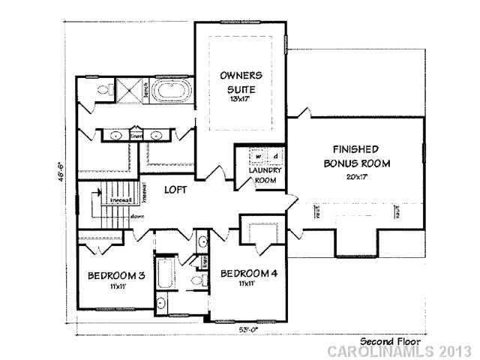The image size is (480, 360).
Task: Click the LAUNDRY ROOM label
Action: [263, 175]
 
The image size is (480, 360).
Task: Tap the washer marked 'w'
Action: [257, 157]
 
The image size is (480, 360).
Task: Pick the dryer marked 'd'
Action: [274, 157]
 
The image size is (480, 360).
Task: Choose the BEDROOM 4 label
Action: [249, 274]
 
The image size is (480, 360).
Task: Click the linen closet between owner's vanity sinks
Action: [136, 136]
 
